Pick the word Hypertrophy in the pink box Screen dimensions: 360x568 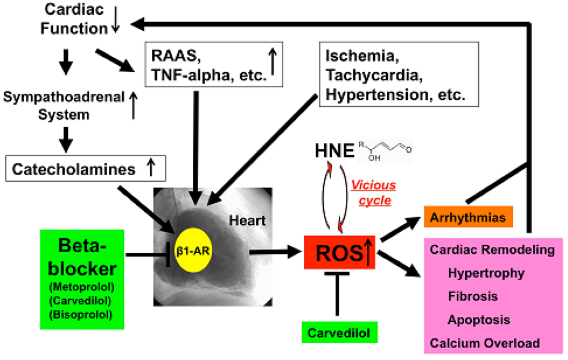click(486, 273)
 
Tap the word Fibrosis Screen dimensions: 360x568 click(473, 296)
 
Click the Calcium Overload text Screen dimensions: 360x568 click(485, 343)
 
